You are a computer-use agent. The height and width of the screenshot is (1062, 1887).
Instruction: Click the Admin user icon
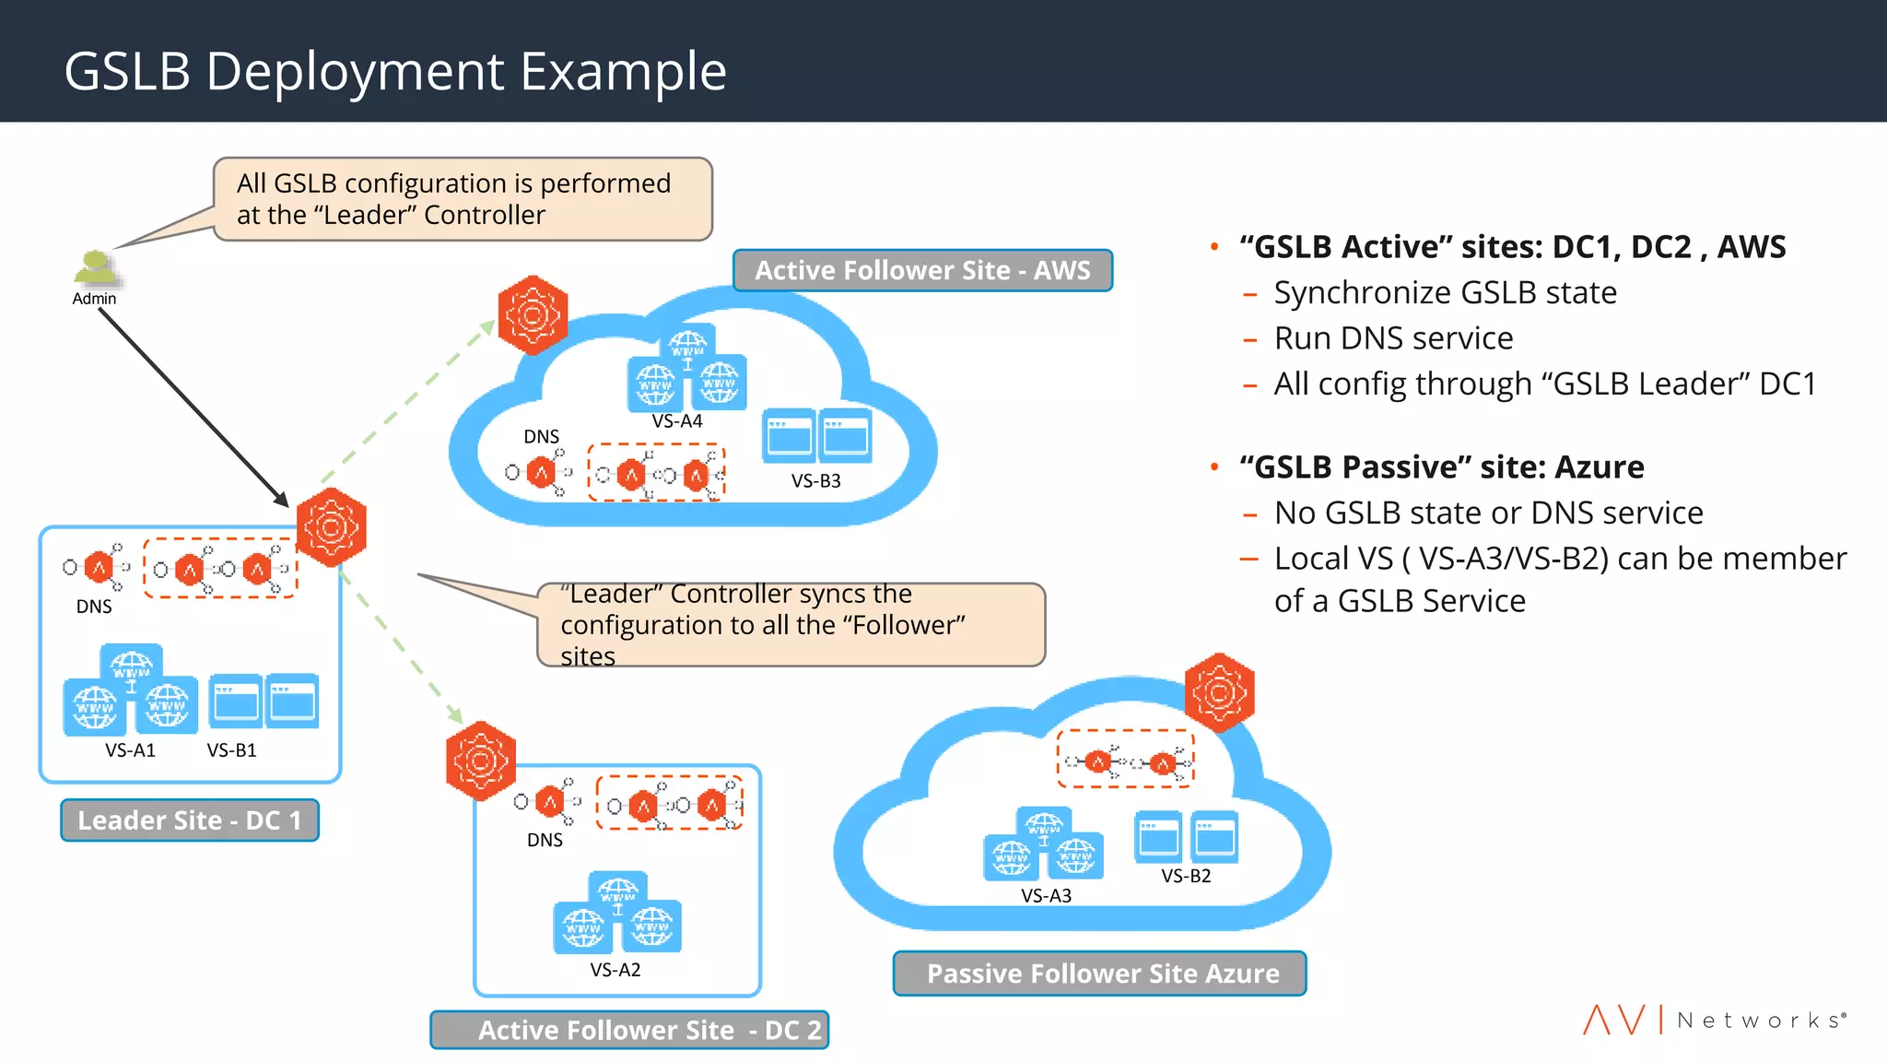click(x=94, y=268)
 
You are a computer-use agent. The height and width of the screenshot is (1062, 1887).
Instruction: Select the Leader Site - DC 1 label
click(x=190, y=820)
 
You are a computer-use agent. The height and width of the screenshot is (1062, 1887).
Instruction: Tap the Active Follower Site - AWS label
click(x=922, y=270)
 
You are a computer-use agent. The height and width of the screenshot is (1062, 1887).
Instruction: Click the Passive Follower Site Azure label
click(x=1102, y=973)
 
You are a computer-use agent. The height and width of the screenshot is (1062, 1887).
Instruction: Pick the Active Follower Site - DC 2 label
click(x=630, y=1030)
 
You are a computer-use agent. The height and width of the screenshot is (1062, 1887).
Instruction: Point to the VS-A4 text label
click(x=677, y=421)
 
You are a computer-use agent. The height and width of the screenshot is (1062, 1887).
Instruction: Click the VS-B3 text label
click(x=815, y=480)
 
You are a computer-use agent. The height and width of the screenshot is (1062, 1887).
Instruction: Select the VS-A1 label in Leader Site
click(x=130, y=750)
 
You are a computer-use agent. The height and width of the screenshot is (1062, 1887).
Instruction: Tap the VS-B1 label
click(x=231, y=750)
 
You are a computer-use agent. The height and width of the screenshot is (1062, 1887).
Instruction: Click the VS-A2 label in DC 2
click(x=615, y=970)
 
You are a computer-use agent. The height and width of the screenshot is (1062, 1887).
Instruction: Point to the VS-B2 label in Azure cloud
click(x=1186, y=876)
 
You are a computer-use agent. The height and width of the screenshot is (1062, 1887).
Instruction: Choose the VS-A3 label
click(x=1046, y=895)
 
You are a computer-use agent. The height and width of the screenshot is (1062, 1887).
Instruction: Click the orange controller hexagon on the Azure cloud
click(x=1219, y=692)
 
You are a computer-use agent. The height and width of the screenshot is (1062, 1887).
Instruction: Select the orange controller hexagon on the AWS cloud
click(x=533, y=315)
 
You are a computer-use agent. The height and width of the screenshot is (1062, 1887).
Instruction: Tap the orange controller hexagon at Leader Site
click(x=332, y=527)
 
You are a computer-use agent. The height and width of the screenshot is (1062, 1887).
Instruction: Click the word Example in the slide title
click(x=623, y=71)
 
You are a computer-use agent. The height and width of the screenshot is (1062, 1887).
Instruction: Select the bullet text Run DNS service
click(x=1393, y=338)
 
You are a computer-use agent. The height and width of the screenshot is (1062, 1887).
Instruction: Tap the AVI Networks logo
click(x=1715, y=1020)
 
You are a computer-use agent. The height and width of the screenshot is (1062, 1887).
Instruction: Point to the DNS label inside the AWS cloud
click(x=541, y=436)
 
